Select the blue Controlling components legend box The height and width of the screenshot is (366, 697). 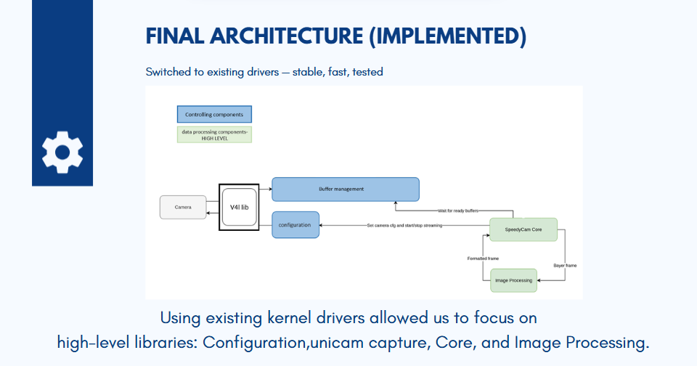coord(214,115)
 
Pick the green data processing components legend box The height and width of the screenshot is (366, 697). coord(214,134)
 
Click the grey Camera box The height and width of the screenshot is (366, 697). coord(183,207)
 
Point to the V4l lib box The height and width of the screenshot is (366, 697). coord(240,207)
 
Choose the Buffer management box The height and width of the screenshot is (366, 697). coord(345,190)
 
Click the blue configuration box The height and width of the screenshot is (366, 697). coord(295,225)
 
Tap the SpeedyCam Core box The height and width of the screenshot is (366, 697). coord(523,230)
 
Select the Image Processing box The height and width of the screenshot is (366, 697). coord(513,280)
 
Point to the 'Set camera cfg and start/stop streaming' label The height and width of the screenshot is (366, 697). coord(404,226)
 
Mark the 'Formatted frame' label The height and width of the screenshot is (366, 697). coord(483,259)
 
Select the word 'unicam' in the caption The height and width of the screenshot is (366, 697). coord(338,342)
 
